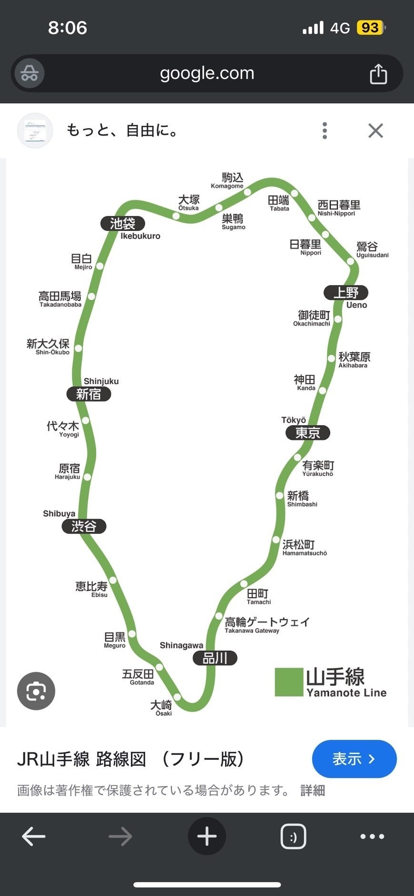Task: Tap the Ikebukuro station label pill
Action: (x=123, y=223)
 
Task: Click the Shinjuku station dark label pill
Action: (x=89, y=394)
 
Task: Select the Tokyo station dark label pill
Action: (x=307, y=433)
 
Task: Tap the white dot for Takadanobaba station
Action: (x=91, y=296)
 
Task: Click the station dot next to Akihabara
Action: (x=332, y=358)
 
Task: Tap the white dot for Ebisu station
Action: (x=113, y=580)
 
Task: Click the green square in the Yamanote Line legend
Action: (x=289, y=682)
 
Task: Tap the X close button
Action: (x=375, y=130)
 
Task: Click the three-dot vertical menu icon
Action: (x=325, y=130)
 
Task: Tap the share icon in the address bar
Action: (x=378, y=74)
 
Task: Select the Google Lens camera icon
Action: (x=36, y=691)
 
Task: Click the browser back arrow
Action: (x=34, y=836)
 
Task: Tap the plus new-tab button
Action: (x=207, y=836)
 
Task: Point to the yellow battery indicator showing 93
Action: (x=370, y=28)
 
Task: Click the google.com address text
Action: (x=207, y=73)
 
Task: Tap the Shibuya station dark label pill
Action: (x=84, y=526)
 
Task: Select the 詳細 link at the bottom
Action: (x=313, y=791)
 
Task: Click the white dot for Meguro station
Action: (x=132, y=634)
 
